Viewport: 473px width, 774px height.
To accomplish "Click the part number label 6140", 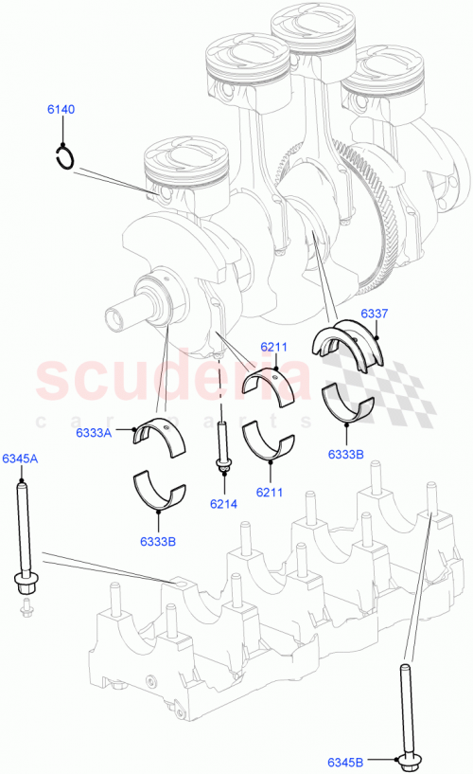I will click(61, 111).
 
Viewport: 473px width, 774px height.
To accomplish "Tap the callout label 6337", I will click(374, 314).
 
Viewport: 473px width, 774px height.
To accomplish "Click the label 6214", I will click(224, 504).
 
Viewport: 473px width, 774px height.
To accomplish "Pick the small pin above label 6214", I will click(224, 445).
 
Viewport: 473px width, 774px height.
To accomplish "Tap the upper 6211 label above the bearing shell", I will click(274, 347).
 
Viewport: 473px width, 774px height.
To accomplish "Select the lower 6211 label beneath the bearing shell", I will click(271, 492).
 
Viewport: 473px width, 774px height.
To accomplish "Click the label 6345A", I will click(19, 459).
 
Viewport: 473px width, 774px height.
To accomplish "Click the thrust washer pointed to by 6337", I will click(350, 341).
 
